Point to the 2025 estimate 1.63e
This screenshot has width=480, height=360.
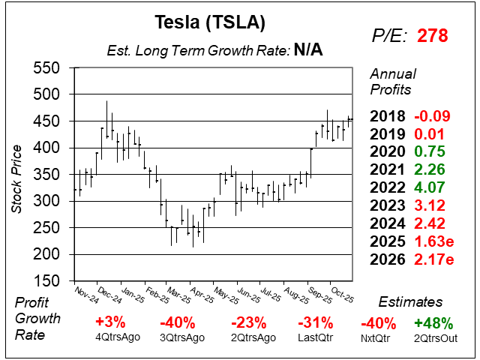tap(433, 242)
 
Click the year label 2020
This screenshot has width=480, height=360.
tap(388, 152)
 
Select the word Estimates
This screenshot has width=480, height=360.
tap(410, 302)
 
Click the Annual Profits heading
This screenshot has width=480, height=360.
tap(391, 82)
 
